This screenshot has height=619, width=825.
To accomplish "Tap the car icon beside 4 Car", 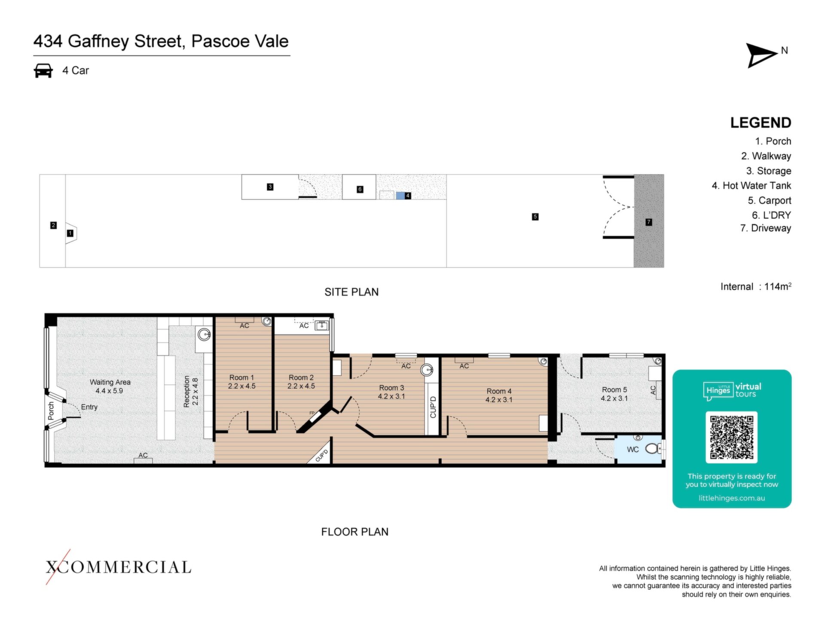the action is (x=43, y=70).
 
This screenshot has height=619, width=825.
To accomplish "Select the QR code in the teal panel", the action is (x=731, y=437).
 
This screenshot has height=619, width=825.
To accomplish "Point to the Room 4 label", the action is (x=499, y=395).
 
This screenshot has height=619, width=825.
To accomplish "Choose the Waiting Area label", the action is (x=110, y=386).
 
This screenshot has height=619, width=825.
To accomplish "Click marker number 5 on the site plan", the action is (x=535, y=217).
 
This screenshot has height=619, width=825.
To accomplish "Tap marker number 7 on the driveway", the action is (x=649, y=222).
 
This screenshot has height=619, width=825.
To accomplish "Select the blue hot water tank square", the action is (x=400, y=196).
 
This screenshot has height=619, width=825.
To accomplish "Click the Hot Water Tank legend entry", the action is (x=751, y=186).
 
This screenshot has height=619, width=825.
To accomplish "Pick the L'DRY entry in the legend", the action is (x=771, y=215).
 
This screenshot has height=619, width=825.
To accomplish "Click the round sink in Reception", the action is (x=205, y=334).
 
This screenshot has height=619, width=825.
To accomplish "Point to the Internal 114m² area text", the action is (x=756, y=286).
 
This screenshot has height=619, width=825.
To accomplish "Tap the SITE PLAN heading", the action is (x=351, y=292).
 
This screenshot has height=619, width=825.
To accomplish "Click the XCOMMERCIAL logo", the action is (x=118, y=567).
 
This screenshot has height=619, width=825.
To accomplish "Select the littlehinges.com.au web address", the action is (x=732, y=498).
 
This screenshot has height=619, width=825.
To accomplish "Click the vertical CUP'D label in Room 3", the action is (x=433, y=407).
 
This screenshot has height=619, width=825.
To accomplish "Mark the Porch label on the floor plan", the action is (x=51, y=411).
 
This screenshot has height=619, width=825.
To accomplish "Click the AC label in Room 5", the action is (x=653, y=390).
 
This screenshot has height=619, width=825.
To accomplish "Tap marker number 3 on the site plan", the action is (x=270, y=187).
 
